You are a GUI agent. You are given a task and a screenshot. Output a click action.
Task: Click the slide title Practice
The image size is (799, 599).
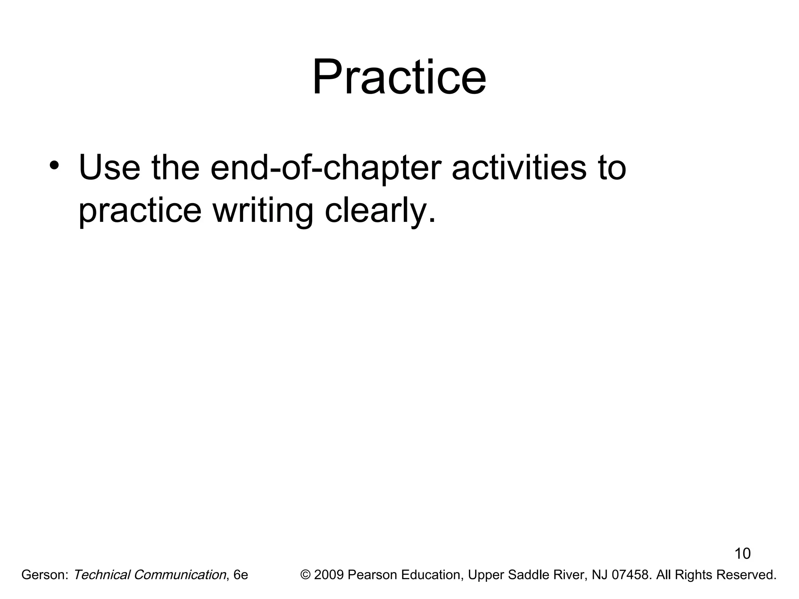point(399,77)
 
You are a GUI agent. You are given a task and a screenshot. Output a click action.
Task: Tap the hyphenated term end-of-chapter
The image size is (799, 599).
point(326,168)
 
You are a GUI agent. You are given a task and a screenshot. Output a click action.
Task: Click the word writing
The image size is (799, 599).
point(263,211)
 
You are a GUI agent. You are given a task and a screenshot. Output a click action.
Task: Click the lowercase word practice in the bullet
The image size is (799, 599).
point(140,211)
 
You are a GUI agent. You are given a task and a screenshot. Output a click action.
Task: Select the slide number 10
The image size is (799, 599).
point(742,554)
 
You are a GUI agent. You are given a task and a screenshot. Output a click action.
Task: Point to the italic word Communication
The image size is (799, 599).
point(179,575)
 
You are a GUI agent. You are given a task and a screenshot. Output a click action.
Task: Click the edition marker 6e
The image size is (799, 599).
point(240,575)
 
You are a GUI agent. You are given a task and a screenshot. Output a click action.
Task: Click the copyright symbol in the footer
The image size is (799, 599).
point(305,575)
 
